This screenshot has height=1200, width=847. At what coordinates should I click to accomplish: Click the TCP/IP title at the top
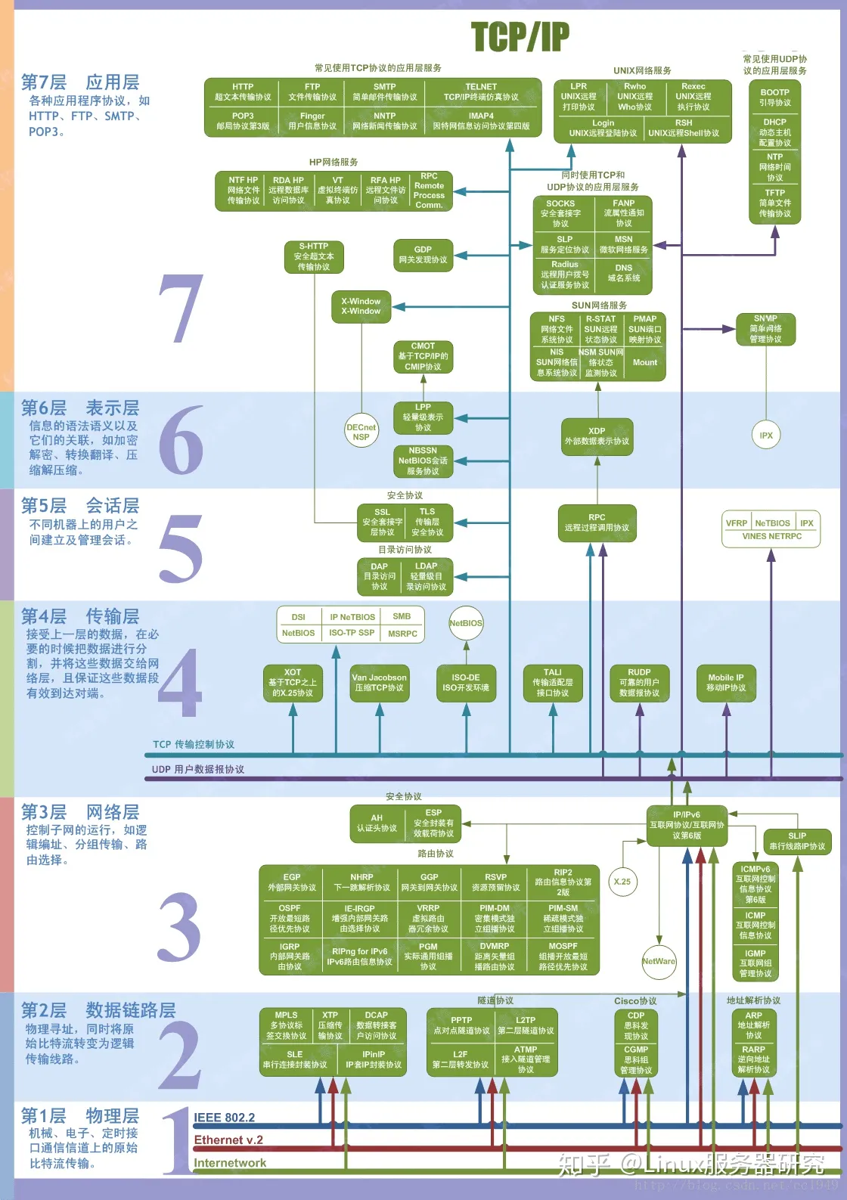520,36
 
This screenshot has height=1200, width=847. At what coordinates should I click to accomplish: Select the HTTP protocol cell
243,92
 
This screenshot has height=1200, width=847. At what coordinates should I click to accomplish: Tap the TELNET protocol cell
481,92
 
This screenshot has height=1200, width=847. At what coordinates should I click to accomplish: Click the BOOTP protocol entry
774,98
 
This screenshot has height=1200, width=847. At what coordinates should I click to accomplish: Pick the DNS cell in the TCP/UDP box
624,273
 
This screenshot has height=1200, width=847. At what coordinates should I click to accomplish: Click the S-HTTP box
314,256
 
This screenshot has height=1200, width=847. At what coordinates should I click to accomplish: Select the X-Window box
361,306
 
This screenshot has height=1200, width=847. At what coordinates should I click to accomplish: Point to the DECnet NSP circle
361,432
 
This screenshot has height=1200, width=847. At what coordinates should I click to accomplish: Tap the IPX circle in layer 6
766,435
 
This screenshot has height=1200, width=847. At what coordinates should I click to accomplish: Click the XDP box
597,436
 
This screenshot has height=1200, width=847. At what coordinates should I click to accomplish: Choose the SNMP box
765,329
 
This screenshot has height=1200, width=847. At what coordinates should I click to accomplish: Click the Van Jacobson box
379,683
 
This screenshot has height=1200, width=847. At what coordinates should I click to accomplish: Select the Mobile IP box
726,683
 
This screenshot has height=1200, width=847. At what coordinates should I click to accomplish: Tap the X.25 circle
622,882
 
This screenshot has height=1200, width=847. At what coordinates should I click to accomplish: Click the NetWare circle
659,961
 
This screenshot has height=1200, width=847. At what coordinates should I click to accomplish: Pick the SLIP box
797,841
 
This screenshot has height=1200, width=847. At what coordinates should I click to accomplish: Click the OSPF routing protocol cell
290,918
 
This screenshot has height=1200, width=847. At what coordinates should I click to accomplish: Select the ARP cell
754,1025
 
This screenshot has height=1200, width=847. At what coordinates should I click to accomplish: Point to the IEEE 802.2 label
225,1118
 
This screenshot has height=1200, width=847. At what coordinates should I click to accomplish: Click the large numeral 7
181,309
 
